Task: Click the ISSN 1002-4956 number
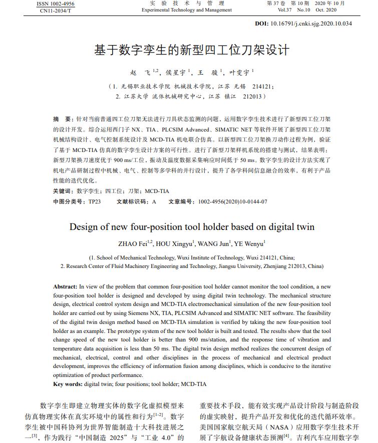(x=56, y=3)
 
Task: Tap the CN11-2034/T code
(x=56, y=10)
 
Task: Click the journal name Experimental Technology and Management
(x=187, y=10)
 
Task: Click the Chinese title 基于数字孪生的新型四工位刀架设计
(x=192, y=50)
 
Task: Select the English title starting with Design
(x=192, y=226)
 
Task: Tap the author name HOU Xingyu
(x=174, y=244)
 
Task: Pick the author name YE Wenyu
(x=249, y=244)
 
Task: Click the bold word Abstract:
(x=66, y=286)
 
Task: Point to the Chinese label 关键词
(x=63, y=191)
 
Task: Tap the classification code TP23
(x=95, y=201)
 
